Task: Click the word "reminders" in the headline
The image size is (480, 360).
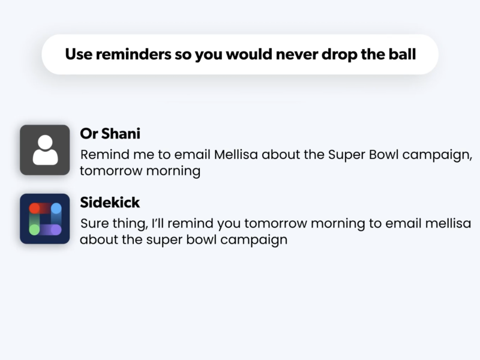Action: point(133,54)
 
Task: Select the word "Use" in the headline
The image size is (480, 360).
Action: point(79,54)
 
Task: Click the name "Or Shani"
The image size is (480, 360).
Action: point(110,134)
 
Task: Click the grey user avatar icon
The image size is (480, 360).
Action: point(44,150)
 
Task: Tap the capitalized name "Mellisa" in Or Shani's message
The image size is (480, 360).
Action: point(236,155)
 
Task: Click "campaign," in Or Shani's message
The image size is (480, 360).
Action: point(437,155)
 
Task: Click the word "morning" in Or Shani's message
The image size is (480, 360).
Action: point(173,172)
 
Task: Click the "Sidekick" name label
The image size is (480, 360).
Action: point(110,202)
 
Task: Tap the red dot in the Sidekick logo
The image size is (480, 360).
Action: point(34,208)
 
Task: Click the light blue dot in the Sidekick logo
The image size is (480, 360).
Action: point(56,208)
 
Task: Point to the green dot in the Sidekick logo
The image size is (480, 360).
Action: point(34,230)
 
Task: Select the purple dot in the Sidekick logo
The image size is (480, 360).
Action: point(56,230)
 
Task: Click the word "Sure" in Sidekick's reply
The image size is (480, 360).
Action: point(95,223)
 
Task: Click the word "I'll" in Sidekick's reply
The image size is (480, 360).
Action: point(158,223)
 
